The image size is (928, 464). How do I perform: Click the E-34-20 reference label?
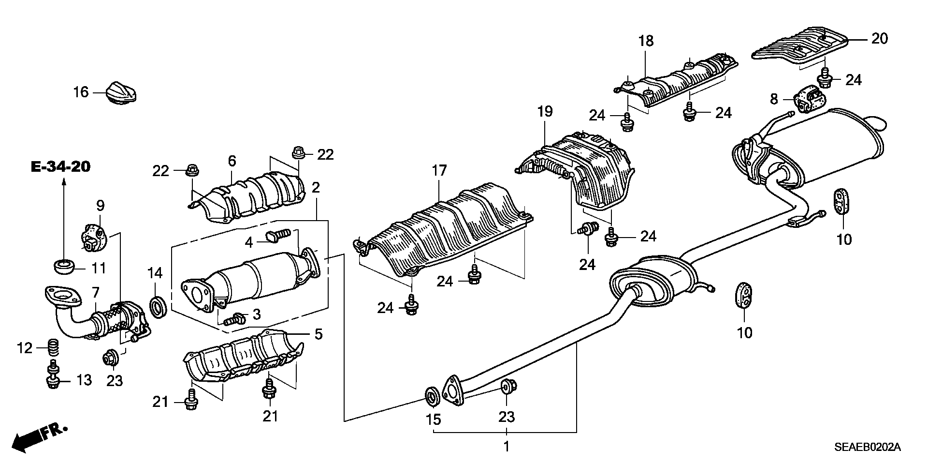click(x=60, y=167)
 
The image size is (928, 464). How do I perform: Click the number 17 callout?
click(x=439, y=171)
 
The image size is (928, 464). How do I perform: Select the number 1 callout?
click(x=506, y=446)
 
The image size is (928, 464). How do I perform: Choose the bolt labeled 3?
click(x=235, y=318)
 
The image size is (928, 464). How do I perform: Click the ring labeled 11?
click(x=63, y=266)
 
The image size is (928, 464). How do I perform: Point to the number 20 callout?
click(x=880, y=38)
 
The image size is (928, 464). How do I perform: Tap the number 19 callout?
click(x=545, y=112)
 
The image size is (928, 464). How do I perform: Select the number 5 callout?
click(x=318, y=334)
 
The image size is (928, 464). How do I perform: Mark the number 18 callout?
click(x=646, y=41)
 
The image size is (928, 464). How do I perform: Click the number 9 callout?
click(x=100, y=206)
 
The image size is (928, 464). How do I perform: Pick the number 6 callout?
click(x=232, y=161)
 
